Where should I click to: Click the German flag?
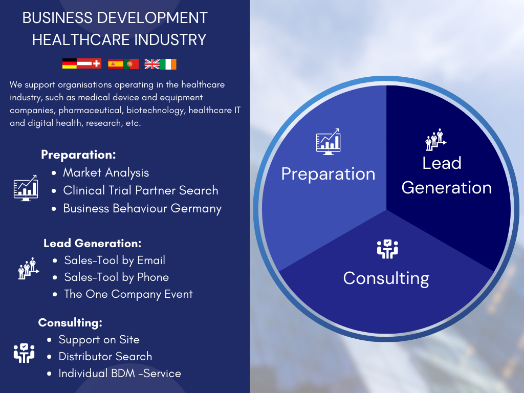pyautogui.click(x=70, y=63)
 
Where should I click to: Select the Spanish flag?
pyautogui.click(x=116, y=64)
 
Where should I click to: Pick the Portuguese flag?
pyautogui.click(x=132, y=64)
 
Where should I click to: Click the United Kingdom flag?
pyautogui.click(x=152, y=64)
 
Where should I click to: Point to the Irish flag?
pyautogui.click(x=168, y=64)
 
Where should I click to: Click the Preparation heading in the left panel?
pyautogui.click(x=78, y=155)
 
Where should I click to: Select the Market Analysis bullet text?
pyautogui.click(x=106, y=173)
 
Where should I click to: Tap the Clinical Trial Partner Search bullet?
pyautogui.click(x=141, y=190)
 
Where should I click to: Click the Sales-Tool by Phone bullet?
pyautogui.click(x=117, y=277)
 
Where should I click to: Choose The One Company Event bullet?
pyautogui.click(x=128, y=294)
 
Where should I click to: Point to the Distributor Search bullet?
pyautogui.click(x=105, y=357)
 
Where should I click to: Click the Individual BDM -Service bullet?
pyautogui.click(x=120, y=374)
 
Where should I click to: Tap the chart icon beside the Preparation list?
pyautogui.click(x=26, y=188)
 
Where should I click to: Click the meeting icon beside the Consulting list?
pyautogui.click(x=24, y=353)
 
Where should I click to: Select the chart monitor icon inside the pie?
pyautogui.click(x=328, y=142)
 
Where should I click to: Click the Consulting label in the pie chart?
pyautogui.click(x=386, y=279)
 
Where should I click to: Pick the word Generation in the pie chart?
pyautogui.click(x=447, y=188)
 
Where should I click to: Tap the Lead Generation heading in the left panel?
pyautogui.click(x=93, y=243)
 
